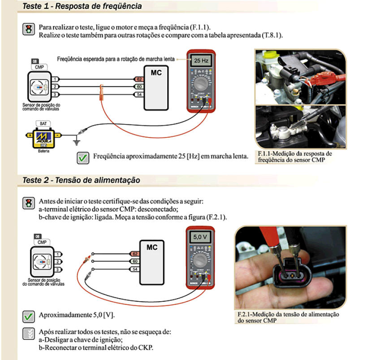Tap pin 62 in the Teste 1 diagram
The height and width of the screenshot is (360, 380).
(139, 79)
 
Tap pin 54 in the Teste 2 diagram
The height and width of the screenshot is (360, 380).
(134, 269)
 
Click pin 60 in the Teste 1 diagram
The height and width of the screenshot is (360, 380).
(139, 86)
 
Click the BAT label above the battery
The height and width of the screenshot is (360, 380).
(43, 123)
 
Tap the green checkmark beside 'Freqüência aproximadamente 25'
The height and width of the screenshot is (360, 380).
(83, 157)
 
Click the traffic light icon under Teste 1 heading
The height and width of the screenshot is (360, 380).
(28, 30)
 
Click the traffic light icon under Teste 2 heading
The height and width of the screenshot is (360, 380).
(28, 203)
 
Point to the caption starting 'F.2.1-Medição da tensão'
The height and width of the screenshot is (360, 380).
(287, 317)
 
